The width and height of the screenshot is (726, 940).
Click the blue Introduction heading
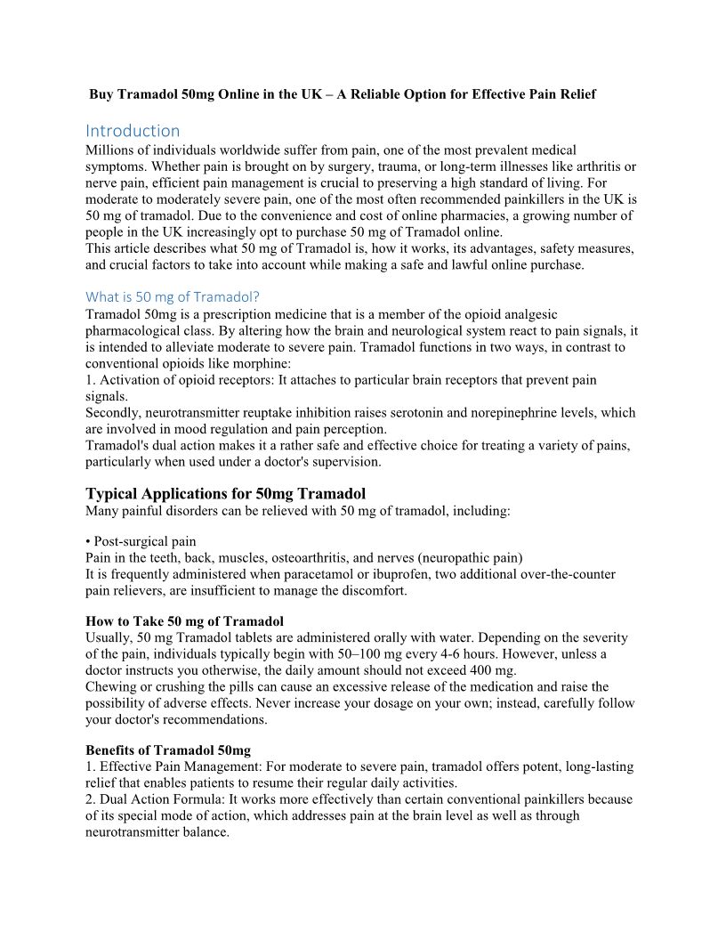click(x=133, y=131)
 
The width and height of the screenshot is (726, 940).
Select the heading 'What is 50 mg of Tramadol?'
click(x=173, y=296)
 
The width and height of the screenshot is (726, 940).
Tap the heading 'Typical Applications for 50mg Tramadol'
click(x=225, y=493)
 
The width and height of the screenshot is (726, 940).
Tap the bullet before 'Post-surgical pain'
click(x=88, y=541)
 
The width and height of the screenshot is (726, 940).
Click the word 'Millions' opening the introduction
click(x=111, y=150)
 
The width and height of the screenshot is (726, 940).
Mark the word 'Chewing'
click(x=110, y=686)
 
